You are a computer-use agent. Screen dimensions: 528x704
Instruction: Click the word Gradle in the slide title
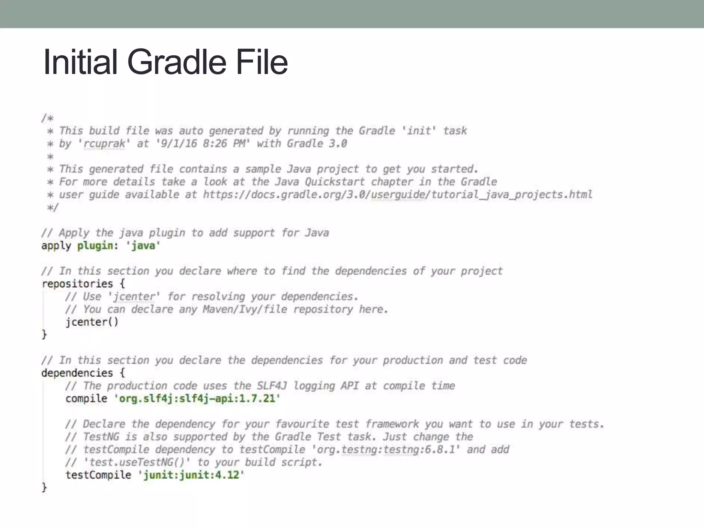tap(177, 62)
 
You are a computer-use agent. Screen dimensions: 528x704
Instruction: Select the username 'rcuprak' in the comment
tap(104, 143)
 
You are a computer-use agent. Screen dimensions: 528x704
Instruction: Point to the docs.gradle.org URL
tap(397, 195)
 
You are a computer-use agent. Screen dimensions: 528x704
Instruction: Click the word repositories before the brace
tap(77, 284)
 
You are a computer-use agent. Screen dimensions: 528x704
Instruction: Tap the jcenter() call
tap(92, 322)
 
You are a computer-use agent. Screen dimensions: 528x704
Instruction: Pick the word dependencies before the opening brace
tap(77, 373)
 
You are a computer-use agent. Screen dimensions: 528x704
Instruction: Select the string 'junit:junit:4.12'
tap(191, 475)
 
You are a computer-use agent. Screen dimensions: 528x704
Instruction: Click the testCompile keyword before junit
tap(98, 475)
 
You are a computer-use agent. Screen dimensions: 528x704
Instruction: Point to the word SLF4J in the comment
tap(272, 386)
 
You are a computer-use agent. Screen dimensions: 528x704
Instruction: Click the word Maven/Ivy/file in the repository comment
tap(245, 309)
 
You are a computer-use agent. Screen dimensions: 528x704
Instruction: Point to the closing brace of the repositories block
tap(44, 334)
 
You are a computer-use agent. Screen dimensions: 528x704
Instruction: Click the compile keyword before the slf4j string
tap(86, 398)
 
